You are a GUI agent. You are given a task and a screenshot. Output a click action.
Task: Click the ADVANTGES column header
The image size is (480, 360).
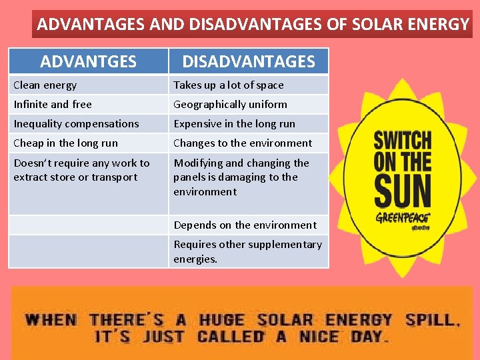coord(88,62)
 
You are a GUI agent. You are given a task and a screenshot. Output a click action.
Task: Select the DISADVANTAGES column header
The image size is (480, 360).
coord(248,62)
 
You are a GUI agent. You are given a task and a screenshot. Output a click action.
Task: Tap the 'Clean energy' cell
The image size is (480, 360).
coord(45,85)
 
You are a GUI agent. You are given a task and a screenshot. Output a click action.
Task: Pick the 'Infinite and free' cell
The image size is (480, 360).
coord(53,105)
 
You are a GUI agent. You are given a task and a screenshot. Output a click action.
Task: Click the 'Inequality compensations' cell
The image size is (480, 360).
coord(76,124)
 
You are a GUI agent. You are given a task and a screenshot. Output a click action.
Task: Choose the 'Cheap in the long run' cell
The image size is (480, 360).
coord(65,143)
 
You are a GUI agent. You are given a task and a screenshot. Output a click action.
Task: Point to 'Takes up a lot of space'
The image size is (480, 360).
coord(229,85)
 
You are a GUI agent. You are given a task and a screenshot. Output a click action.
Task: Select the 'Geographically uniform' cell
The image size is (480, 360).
coord(230,105)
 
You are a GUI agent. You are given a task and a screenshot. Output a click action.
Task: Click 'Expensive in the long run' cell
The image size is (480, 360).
coord(234,124)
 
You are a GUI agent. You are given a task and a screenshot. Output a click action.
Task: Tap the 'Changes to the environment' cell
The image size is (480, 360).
coord(243,143)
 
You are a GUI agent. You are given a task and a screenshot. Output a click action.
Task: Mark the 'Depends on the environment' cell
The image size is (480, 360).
coord(245,225)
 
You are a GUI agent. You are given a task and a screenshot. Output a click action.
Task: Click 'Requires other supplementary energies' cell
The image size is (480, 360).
coord(247,251)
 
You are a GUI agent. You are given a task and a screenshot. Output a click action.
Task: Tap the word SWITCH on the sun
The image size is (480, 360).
coord(402,141)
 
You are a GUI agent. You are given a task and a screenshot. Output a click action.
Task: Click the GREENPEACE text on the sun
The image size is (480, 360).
coord(402,217)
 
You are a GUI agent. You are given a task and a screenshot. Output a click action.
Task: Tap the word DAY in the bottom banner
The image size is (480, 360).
coord(369,335)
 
